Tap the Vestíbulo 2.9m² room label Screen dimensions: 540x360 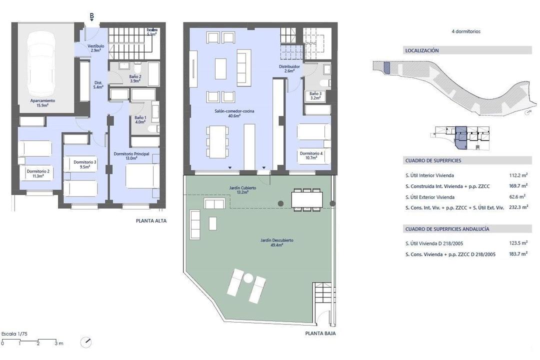click(x=95, y=48)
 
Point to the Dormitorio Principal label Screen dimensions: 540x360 click(x=131, y=153)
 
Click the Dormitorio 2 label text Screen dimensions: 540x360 click(x=38, y=171)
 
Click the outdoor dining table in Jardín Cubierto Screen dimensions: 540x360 click(x=307, y=199)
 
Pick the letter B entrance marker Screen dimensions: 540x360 click(x=92, y=16)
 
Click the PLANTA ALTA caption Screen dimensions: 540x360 click(x=151, y=221)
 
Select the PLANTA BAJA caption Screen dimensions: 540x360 click(x=320, y=333)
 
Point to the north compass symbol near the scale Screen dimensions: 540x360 click(x=86, y=342)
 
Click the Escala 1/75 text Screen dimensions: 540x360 click(x=14, y=334)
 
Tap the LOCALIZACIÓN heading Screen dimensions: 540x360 click(x=422, y=50)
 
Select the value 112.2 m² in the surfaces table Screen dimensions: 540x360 click(x=518, y=175)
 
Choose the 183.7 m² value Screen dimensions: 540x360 click(x=518, y=254)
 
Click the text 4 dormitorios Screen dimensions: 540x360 click(x=466, y=31)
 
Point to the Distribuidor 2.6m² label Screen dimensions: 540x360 click(x=289, y=68)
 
